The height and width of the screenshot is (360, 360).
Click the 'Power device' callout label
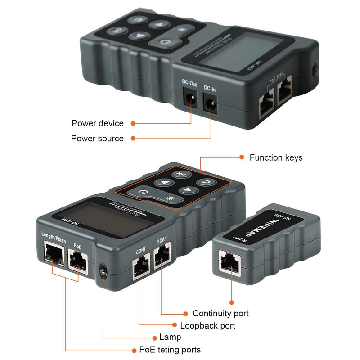(98, 123)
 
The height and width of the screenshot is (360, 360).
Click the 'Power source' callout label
(97, 139)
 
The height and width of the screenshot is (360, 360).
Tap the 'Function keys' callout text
(276, 157)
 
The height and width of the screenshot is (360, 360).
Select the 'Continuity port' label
(220, 313)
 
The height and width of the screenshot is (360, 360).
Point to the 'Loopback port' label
(207, 325)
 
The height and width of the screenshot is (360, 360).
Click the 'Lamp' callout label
(170, 337)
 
